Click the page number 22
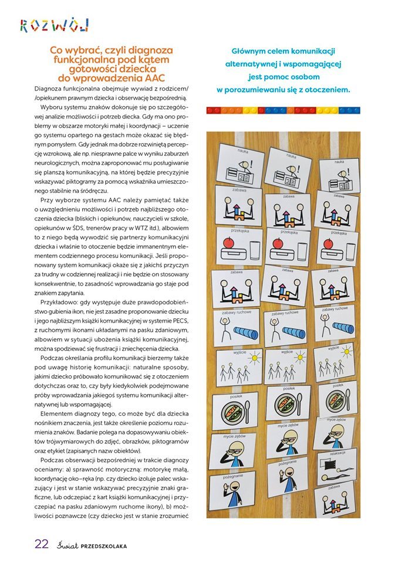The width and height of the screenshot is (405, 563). tap(41, 543)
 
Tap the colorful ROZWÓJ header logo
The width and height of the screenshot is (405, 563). tap(54, 25)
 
